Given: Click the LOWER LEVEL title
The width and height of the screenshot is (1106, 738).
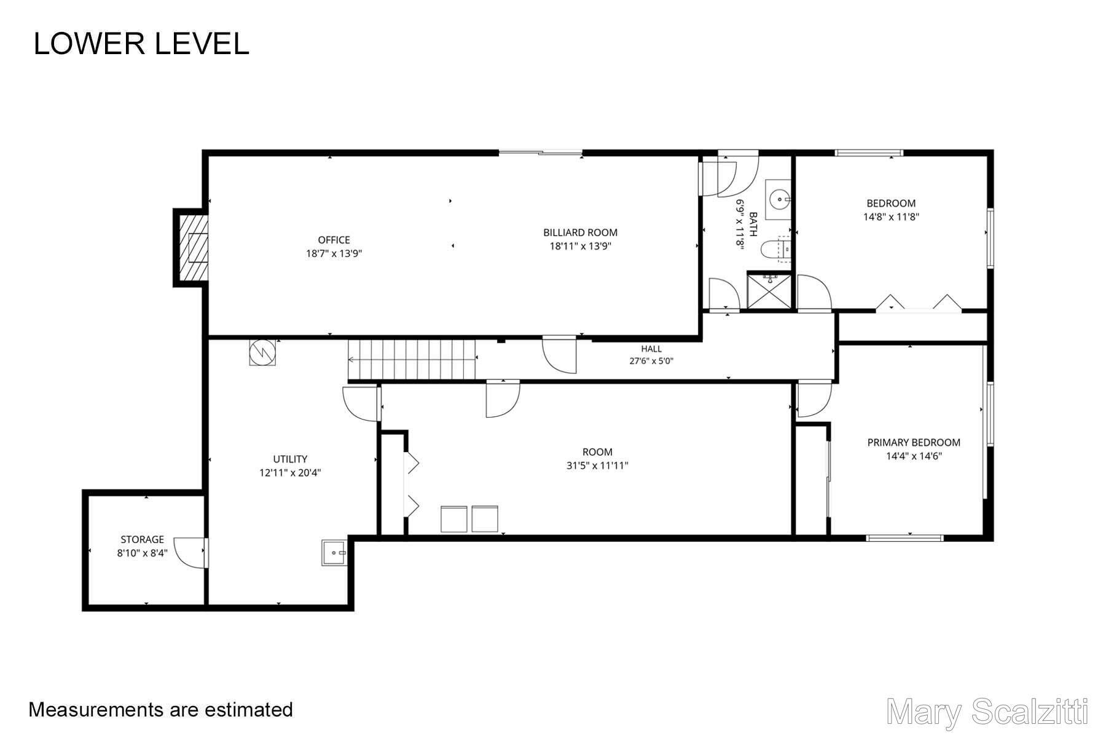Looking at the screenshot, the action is [141, 44].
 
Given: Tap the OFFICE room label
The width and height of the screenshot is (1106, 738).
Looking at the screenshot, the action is [334, 240].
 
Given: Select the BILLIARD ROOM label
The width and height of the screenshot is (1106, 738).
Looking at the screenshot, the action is [580, 232].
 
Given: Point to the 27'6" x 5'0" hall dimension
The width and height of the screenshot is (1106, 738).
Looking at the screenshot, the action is [651, 361].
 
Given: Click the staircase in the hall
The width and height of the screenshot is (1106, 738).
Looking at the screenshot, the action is [412, 360].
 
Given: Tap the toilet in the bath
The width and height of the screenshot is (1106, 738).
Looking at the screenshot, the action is [775, 248].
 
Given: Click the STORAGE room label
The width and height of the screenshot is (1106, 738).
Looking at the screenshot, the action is [142, 539].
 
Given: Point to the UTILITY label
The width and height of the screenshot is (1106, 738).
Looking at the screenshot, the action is [290, 459].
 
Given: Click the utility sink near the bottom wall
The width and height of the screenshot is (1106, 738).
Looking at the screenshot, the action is [334, 552].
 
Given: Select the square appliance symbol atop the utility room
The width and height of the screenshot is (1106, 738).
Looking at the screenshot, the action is [262, 352].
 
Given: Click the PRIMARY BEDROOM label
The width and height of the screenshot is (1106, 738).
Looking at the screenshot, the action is [914, 442].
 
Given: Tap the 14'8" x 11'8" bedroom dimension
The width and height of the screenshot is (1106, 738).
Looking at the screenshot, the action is [891, 216].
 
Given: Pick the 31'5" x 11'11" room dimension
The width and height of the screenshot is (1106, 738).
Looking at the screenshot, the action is [597, 466].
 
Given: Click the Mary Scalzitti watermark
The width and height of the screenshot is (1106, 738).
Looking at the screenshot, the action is [988, 712].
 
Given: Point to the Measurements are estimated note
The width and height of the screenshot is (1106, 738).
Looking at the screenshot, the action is [161, 710].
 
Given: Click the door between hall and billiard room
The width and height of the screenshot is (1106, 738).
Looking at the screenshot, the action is [559, 354].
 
